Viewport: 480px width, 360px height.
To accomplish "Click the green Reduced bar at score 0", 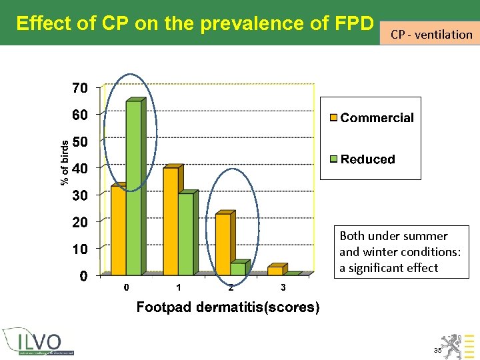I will [x=133, y=188].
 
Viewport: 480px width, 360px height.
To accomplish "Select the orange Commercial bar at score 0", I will [x=118, y=230].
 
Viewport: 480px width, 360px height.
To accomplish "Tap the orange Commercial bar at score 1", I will [x=171, y=221].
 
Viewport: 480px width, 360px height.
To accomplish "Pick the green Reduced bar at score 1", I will [x=185, y=233].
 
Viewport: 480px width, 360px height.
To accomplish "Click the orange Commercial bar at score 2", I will [x=223, y=244].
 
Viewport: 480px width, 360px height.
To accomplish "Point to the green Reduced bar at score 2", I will [x=238, y=269].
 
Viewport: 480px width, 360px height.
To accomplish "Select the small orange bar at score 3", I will [x=275, y=270].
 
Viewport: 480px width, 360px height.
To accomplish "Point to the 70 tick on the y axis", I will [x=79, y=88].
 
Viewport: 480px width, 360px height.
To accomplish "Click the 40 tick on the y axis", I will [x=79, y=169].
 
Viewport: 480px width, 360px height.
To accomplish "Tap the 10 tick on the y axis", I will [x=79, y=249].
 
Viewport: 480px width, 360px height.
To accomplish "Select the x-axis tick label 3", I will [x=283, y=288].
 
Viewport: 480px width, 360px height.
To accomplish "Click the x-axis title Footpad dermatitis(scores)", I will [x=228, y=307].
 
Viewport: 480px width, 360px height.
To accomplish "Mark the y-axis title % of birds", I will [x=65, y=163].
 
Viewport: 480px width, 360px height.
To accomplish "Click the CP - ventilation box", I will [x=431, y=34].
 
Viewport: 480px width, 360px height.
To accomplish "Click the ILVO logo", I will [x=39, y=343].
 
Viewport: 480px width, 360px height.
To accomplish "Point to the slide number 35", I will [x=437, y=350].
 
